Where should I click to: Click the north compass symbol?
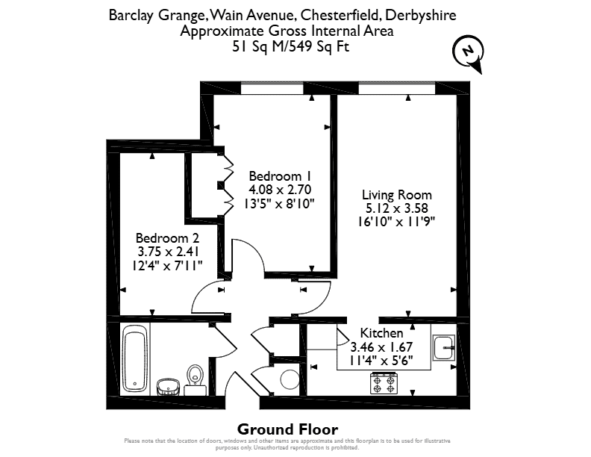coord(467,54)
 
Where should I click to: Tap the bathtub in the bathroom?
coord(135,358)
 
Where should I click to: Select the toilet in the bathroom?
coord(195,379)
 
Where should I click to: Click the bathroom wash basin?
coord(168,388)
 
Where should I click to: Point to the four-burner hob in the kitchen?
coord(384,383)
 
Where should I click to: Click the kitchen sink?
coord(444,348)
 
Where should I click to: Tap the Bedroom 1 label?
coord(280,176)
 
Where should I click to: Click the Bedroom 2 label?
coord(167,238)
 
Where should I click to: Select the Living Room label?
coord(397,195)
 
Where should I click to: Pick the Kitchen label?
coord(381,333)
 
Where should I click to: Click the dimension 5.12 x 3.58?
coord(397,208)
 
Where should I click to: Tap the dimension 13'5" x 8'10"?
coord(279,204)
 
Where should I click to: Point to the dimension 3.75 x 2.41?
coord(168,252)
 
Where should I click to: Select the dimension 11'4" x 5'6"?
coord(381,361)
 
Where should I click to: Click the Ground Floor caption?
coord(287,429)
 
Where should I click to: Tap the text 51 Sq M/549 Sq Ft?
coord(290,46)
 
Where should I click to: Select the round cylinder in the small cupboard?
coord(290,379)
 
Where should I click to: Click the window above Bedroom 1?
coord(272,88)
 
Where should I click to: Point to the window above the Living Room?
coord(397,88)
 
